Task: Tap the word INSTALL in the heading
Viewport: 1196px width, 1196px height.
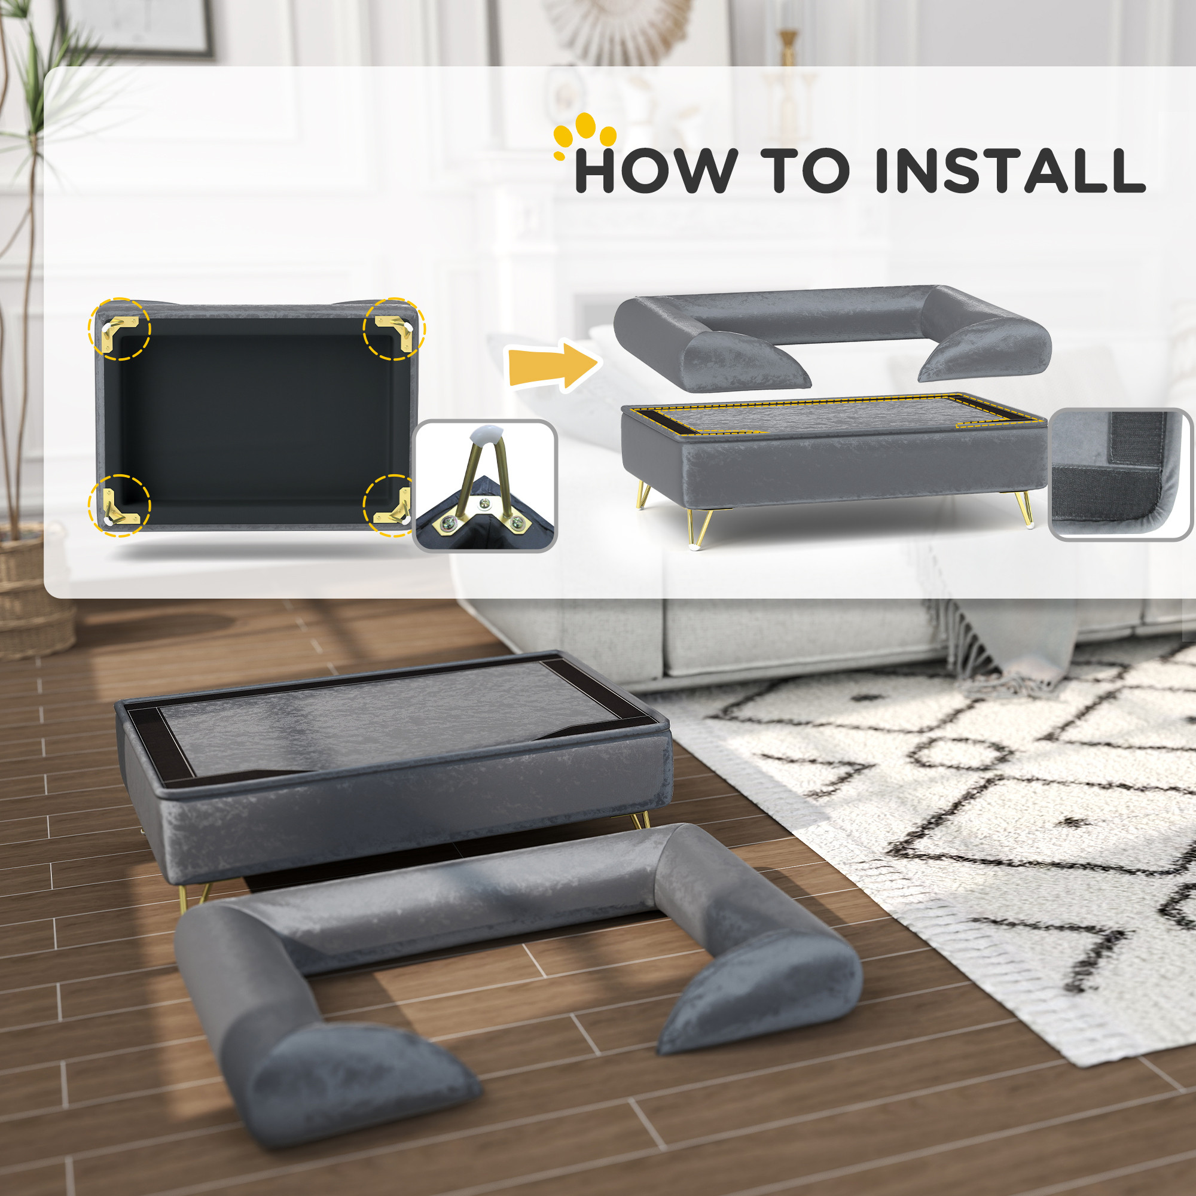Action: pyautogui.click(x=1010, y=170)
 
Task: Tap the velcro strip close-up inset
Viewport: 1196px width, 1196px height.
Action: pyautogui.click(x=1119, y=474)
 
